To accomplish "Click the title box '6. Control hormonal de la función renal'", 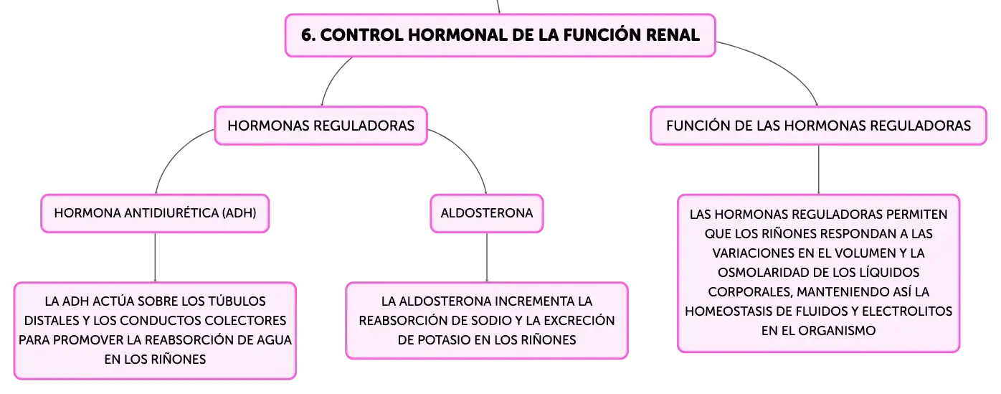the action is (500, 35).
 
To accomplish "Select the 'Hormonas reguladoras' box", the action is (321, 126).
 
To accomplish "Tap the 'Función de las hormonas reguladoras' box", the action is (818, 126).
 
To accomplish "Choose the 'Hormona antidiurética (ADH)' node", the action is (155, 213).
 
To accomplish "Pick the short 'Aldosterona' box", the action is (487, 213).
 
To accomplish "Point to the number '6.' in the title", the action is (308, 35).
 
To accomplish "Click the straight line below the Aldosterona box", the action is (487, 258).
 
